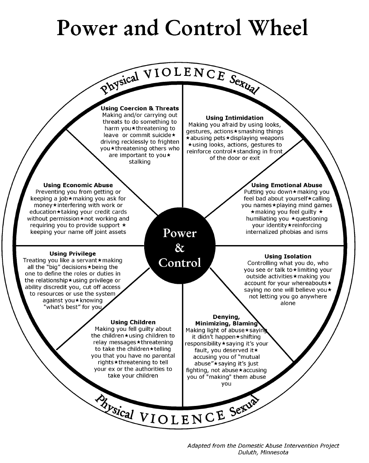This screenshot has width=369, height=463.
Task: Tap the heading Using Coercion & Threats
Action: (140, 109)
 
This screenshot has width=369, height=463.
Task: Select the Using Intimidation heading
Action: (234, 118)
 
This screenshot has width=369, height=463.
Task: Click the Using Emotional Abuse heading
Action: (287, 185)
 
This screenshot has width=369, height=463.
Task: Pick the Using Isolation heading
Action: (288, 256)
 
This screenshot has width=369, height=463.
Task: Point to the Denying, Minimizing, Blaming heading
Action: (226, 320)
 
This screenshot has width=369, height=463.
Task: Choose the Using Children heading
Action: (133, 322)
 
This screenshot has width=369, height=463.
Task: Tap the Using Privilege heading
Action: (73, 253)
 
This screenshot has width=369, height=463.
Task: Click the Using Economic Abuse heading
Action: (78, 185)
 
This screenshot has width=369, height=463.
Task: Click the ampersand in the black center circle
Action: (180, 248)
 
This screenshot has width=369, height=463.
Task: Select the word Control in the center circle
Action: (180, 263)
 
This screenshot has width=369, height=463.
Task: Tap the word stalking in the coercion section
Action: (139, 162)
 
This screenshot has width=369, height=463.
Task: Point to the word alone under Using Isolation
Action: (288, 303)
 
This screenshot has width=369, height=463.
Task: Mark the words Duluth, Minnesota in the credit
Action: (263, 452)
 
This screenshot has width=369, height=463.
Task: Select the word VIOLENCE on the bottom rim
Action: (182, 417)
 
